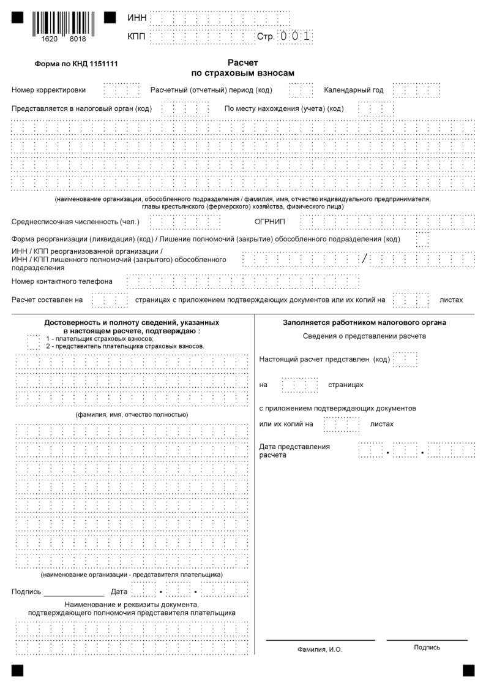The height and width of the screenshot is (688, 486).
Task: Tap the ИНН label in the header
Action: (136, 18)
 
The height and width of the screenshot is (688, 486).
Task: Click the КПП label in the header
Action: (136, 37)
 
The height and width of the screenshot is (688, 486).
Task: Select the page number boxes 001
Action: (295, 37)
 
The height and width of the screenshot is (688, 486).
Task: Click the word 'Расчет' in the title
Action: (243, 62)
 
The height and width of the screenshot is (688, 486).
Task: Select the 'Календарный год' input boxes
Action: (416, 91)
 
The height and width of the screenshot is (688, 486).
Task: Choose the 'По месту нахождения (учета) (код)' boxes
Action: (376, 109)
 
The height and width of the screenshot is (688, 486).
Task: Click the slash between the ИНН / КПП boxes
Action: (365, 259)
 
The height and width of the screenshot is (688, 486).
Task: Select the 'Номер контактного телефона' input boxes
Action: (242, 282)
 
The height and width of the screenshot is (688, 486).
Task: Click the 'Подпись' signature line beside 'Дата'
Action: (73, 593)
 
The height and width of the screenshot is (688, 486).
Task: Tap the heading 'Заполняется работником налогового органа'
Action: (364, 322)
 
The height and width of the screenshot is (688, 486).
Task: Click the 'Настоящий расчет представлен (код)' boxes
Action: (405, 359)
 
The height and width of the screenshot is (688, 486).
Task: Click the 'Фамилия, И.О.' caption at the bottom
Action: (320, 649)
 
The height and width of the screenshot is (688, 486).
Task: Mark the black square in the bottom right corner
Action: (468, 670)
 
